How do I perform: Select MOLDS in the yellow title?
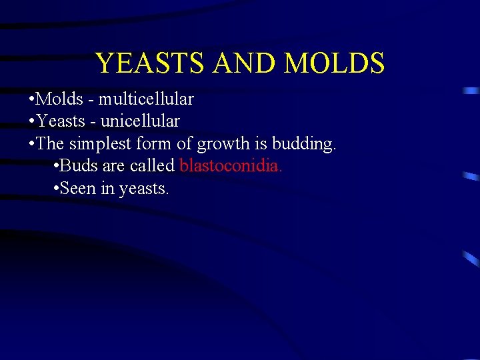(x=335, y=63)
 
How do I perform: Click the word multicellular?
(x=146, y=99)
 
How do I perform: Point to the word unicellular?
(x=140, y=121)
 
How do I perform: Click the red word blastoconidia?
(x=231, y=166)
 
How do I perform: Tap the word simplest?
(x=93, y=144)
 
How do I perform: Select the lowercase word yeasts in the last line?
(x=143, y=189)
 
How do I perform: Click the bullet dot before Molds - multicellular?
(x=32, y=100)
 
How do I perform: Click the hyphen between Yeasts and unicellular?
(x=93, y=122)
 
